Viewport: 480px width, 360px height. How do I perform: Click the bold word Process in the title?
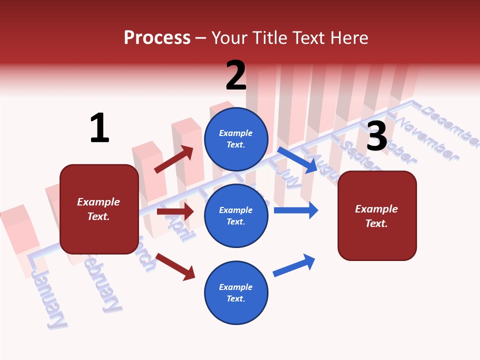157,37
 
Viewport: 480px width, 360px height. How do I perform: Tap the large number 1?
99,128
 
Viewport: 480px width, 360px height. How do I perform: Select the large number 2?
236,75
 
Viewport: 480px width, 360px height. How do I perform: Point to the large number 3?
376,136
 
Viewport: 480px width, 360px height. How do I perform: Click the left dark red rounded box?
99,209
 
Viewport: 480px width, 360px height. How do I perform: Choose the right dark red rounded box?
377,216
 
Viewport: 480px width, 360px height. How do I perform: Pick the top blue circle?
236,139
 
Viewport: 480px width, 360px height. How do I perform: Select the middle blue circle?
236,215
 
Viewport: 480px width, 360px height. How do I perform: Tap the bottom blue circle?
236,292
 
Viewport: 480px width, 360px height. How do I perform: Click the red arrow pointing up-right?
173,159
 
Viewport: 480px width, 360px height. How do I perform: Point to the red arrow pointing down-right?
175,266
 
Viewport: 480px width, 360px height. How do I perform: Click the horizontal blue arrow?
295,210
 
